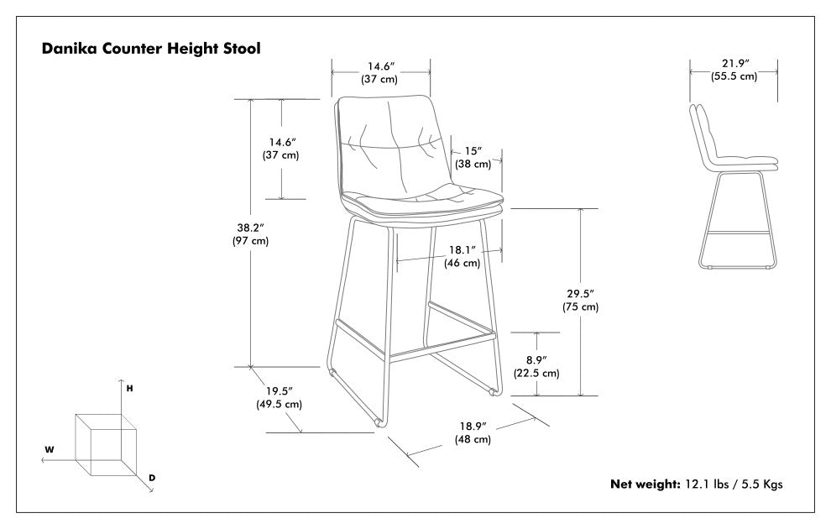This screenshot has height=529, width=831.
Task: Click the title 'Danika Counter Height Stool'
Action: click(x=151, y=49)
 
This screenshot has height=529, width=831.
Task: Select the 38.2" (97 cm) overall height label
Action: click(x=250, y=233)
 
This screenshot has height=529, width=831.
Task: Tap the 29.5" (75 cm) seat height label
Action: click(x=580, y=300)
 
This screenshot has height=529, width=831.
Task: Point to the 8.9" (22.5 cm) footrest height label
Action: click(x=537, y=366)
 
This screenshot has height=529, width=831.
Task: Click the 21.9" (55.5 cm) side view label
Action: click(x=734, y=70)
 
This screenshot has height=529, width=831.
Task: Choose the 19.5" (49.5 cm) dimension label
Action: click(x=279, y=397)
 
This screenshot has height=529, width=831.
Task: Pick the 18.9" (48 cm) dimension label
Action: click(x=473, y=432)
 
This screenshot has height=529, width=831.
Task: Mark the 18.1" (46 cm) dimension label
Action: click(x=462, y=256)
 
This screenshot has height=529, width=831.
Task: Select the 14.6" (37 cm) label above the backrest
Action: click(x=379, y=73)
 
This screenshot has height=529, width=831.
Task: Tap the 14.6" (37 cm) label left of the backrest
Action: click(x=280, y=149)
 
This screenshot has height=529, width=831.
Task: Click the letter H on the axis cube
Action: click(x=129, y=389)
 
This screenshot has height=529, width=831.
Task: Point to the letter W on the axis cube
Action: click(x=50, y=450)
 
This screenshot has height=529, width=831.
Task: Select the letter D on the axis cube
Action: click(x=152, y=478)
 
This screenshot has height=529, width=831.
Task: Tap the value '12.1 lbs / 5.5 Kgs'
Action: click(x=734, y=484)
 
